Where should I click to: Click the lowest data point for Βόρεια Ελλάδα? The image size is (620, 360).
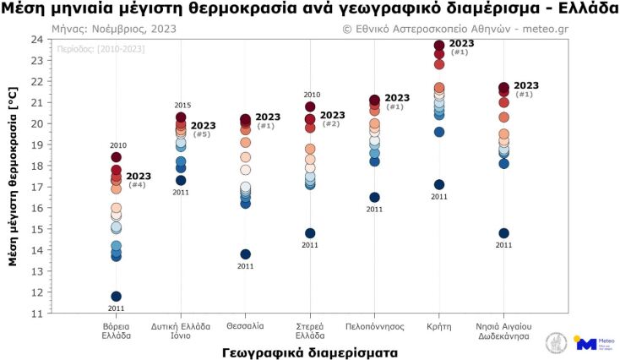(117, 297)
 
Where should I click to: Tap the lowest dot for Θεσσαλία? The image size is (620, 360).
(246, 254)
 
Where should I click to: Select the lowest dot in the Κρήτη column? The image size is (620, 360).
(439, 185)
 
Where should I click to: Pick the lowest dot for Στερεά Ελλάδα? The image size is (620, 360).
(310, 233)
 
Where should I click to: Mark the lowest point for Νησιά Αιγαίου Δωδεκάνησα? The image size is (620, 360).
(504, 233)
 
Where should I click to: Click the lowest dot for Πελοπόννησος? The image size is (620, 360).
(375, 198)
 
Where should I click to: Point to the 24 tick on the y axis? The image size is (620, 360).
(38, 40)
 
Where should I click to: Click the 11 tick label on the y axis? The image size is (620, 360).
(38, 314)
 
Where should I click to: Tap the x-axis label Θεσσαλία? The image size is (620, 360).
(246, 325)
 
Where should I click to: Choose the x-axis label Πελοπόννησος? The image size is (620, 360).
(375, 325)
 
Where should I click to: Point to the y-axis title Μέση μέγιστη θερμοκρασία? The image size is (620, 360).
(13, 176)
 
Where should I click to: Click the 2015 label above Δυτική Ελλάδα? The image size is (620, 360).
(182, 106)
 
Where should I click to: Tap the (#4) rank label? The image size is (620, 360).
(137, 185)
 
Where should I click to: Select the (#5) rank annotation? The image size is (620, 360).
(202, 134)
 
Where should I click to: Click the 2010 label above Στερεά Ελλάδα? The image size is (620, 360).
(311, 95)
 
